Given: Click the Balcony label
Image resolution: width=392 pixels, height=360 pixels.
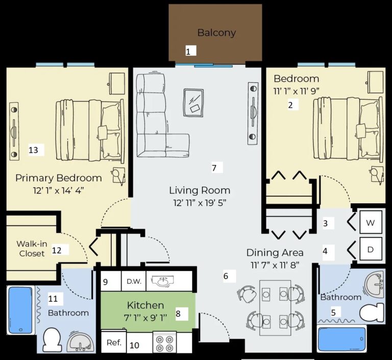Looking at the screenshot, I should [x=216, y=33].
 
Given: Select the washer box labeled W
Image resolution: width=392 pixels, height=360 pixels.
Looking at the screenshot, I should [x=371, y=223].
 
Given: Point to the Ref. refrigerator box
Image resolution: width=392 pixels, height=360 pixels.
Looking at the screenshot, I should [x=114, y=343].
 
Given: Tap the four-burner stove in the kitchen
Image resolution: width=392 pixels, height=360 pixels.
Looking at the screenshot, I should [x=164, y=342].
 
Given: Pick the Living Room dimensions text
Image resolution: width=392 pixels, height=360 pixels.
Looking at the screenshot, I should [x=200, y=203].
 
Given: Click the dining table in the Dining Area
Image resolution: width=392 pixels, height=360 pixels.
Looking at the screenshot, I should [x=275, y=306].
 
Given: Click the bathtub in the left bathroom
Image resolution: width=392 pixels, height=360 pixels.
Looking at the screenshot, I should [x=21, y=310].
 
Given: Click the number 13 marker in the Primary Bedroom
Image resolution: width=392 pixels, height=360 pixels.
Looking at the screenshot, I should [x=34, y=150].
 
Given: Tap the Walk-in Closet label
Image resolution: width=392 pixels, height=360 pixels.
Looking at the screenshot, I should [x=32, y=249].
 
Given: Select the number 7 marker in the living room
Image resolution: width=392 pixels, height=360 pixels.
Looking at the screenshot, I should [x=214, y=167].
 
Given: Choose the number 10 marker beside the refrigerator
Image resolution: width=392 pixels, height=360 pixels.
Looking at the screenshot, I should [x=134, y=345].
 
